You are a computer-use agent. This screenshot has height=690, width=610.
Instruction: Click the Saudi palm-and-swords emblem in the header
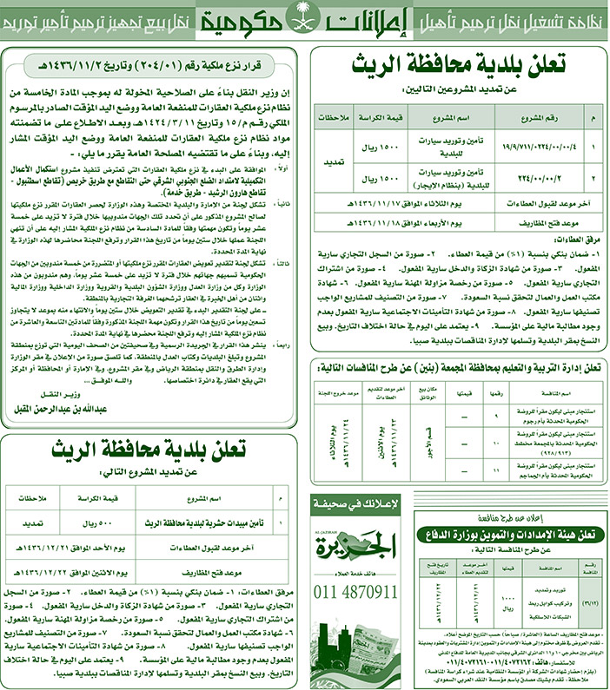pyautogui.click(x=304, y=18)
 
